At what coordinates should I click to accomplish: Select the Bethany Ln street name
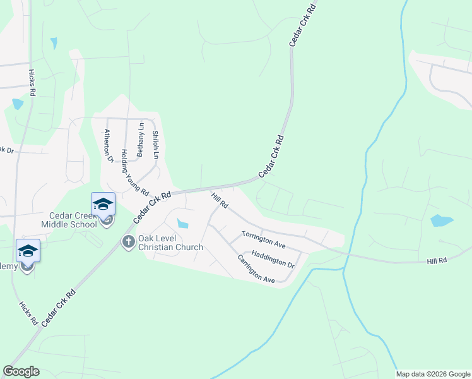coord(141,140)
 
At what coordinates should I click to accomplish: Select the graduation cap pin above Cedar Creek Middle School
coord(103,204)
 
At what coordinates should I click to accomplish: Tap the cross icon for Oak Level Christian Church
coord(128,241)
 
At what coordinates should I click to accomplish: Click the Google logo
coord(21,371)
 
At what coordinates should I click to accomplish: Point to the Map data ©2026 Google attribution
coord(433,374)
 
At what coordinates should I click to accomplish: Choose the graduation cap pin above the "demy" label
coord(28,251)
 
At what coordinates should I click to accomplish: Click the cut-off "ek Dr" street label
coord(6,150)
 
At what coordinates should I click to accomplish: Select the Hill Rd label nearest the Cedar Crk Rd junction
coord(220,202)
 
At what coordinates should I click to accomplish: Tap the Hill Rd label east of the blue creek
coord(436,260)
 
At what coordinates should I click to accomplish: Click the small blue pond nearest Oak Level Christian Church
coord(183,223)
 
